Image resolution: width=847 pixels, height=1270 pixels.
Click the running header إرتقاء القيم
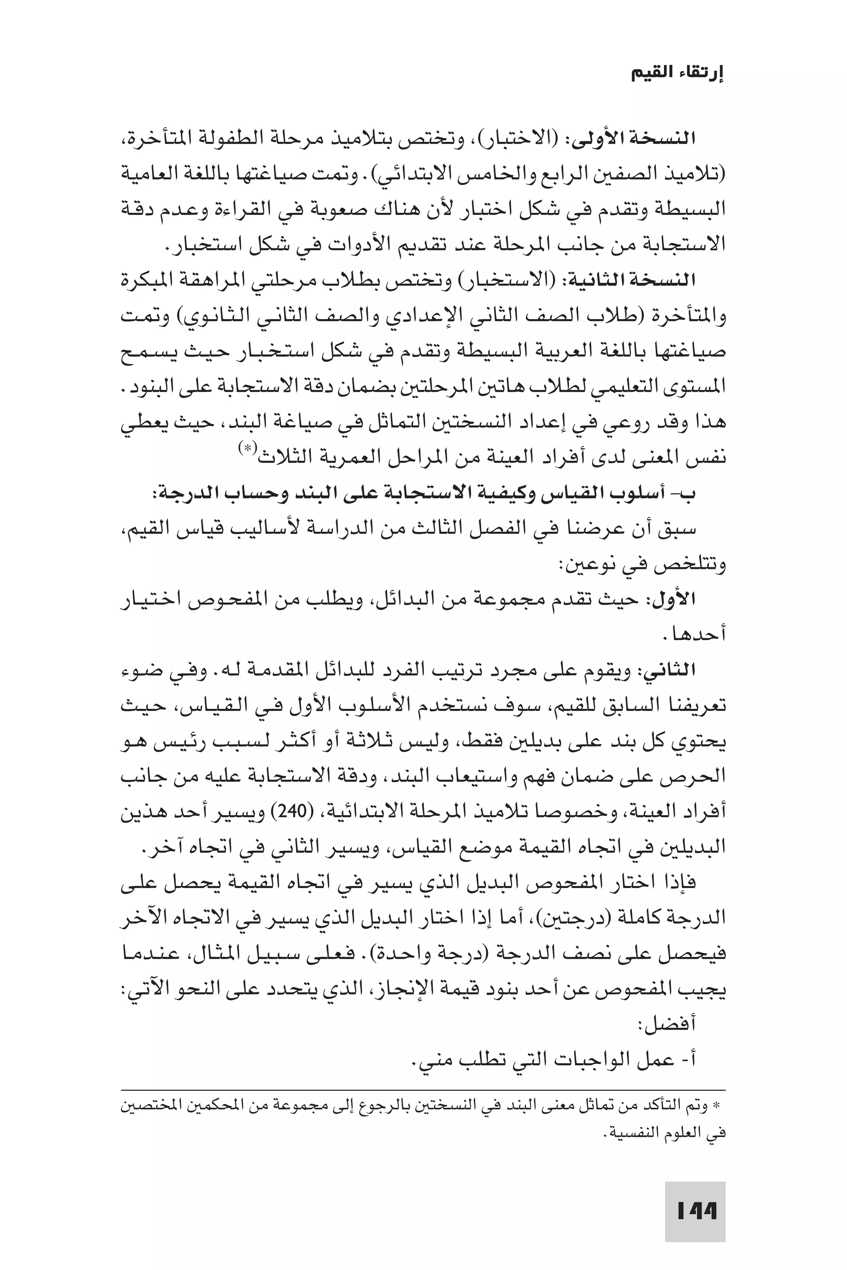[x=678, y=74]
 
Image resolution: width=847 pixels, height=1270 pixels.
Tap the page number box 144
[x=695, y=1213]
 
